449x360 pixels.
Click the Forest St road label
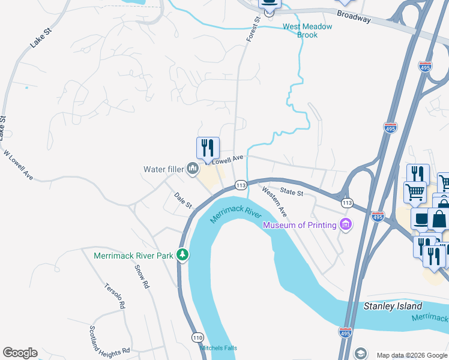coord(253,29)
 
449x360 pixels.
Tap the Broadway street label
coord(354,16)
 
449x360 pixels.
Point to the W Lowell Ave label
coord(19,165)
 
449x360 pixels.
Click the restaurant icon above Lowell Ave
coord(208,148)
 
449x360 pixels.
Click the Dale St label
coord(183,200)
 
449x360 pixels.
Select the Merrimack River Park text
coord(133,256)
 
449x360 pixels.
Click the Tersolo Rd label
coord(115,296)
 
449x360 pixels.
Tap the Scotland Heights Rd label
coord(109,340)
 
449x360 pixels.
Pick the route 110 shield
coord(198,338)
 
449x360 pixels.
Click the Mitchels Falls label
coord(218,348)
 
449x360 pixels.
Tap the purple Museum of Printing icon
coord(345,225)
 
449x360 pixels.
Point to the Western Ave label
coord(274,202)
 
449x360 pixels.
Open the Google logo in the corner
coord(20,353)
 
